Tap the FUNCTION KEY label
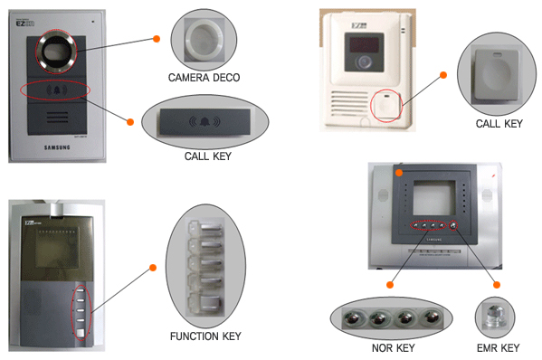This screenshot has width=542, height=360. [205, 336]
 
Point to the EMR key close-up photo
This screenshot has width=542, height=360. [497, 318]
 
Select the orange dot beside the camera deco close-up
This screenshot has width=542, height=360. [157, 39]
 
